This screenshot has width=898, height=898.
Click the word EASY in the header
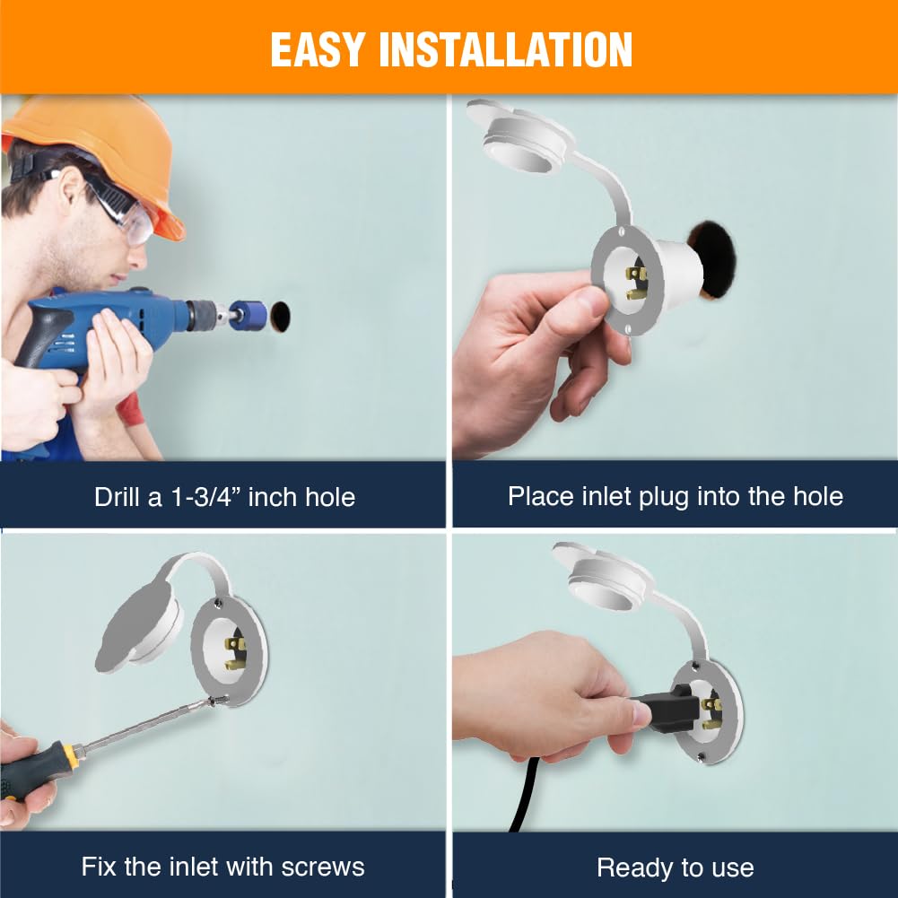(318, 50)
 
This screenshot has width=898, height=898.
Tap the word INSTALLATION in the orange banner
(505, 50)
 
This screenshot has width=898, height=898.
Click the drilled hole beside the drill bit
(280, 317)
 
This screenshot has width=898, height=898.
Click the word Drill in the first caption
(117, 496)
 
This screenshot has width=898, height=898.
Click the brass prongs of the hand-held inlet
(636, 283)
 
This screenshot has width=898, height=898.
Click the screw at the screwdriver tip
(217, 701)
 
